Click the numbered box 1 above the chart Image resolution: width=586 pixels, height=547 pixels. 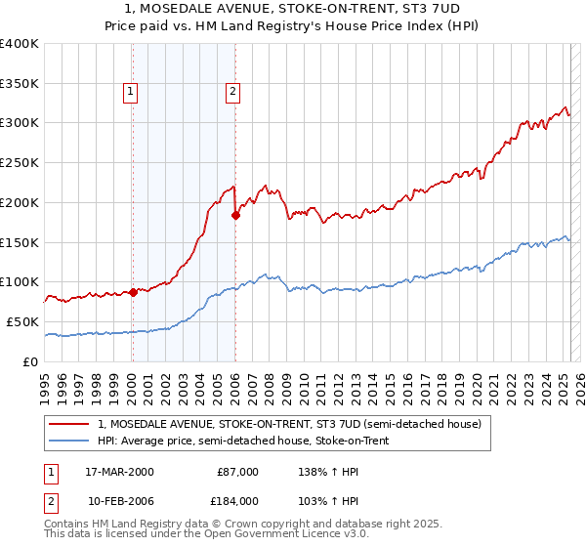coord(130,93)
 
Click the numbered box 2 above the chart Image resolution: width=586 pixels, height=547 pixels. coord(233,93)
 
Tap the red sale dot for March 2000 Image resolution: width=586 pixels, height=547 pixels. coord(133,292)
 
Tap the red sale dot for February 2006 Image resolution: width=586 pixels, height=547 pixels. coord(235,215)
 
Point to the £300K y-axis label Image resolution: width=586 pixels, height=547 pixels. coord(20,123)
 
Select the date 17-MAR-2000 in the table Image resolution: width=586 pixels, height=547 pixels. coord(119,472)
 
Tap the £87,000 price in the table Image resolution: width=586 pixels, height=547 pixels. coord(237,472)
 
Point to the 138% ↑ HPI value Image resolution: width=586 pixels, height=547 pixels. coord(320,472)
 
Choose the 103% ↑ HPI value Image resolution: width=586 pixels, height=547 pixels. coord(320,501)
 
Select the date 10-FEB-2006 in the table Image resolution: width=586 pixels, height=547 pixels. coord(119,501)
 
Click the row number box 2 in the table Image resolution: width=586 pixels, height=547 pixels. coord(52,501)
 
